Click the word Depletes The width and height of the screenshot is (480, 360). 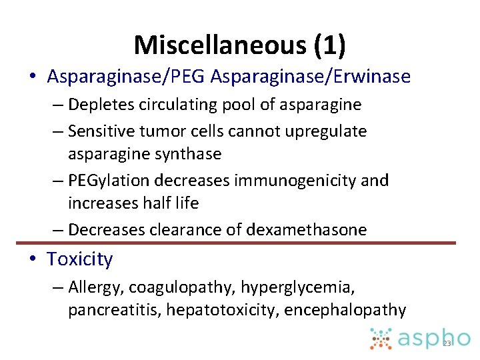(99, 105)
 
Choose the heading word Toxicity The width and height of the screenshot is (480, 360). (80, 259)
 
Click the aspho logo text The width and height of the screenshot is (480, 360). (435, 338)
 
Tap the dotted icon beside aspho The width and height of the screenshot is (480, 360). (381, 338)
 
